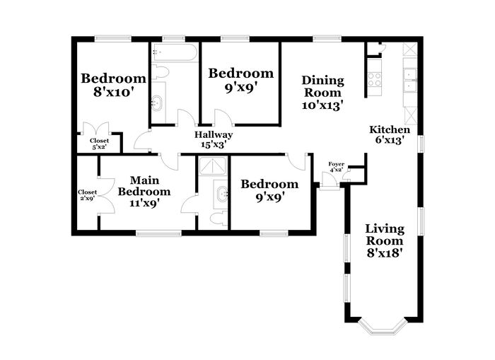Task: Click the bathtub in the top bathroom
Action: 175,52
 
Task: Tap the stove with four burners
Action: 375,79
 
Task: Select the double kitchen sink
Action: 411,80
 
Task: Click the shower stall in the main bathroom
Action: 213,166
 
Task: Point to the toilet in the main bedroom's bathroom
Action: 219,219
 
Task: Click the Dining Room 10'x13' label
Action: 322,93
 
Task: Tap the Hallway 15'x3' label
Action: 214,139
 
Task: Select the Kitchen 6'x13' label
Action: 390,134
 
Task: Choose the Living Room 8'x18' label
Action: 385,240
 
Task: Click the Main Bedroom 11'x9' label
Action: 144,192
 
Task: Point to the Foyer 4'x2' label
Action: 336,167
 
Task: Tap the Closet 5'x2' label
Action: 99,144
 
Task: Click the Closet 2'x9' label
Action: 88,195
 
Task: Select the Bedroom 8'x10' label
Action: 113,85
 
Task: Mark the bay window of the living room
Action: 382,325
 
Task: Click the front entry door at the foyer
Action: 330,181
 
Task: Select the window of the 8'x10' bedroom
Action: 113,39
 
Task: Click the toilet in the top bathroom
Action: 160,72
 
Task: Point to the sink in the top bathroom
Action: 157,103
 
